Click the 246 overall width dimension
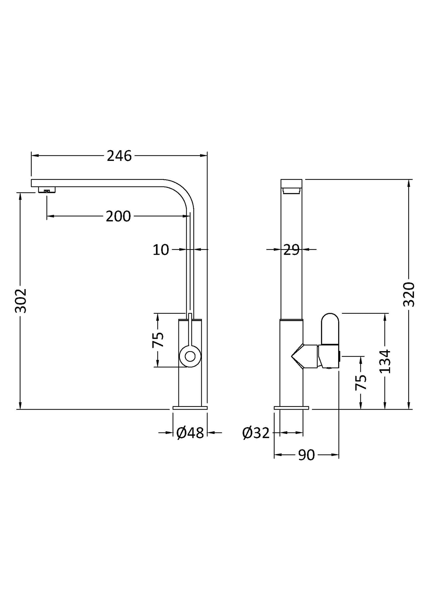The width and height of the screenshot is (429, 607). [119, 156]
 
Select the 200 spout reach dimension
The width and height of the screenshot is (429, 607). [118, 216]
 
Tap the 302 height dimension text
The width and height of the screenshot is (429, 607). [21, 300]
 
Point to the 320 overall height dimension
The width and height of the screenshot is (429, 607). [409, 294]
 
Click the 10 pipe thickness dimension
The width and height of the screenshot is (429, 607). [161, 250]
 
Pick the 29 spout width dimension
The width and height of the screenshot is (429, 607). [291, 250]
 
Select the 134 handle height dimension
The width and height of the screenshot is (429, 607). [385, 361]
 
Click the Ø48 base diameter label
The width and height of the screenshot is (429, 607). [190, 433]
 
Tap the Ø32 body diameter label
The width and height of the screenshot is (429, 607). [256, 433]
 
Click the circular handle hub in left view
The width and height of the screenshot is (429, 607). [190, 356]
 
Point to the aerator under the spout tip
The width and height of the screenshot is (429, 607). [47, 190]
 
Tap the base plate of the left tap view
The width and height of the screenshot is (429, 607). [190, 408]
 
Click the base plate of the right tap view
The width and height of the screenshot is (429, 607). [292, 408]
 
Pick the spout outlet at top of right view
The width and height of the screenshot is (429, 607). [291, 191]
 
